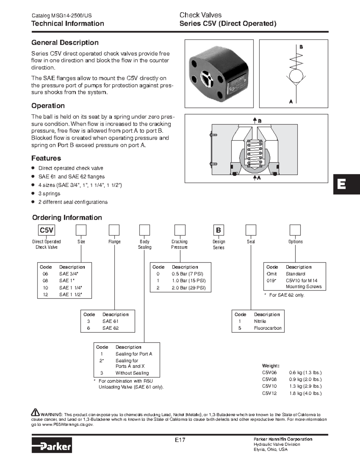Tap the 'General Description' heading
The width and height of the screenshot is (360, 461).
pyautogui.click(x=65, y=43)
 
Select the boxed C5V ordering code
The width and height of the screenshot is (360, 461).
pyautogui.click(x=46, y=230)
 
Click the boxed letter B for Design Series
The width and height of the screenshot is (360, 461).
pyautogui.click(x=218, y=230)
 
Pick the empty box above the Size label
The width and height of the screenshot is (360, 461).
pyautogui.click(x=81, y=230)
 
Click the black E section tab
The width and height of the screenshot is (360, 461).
pyautogui.click(x=346, y=184)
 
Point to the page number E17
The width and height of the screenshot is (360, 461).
pyautogui.click(x=180, y=440)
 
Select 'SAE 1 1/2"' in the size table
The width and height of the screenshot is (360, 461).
pyautogui.click(x=70, y=294)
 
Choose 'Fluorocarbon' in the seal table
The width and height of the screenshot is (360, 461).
pyautogui.click(x=268, y=328)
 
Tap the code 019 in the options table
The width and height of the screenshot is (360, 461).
pyautogui.click(x=271, y=281)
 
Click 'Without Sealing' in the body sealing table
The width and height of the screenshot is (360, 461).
pyautogui.click(x=132, y=373)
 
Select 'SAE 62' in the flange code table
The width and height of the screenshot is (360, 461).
pyautogui.click(x=110, y=328)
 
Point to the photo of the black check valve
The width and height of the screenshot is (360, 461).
pyautogui.click(x=219, y=73)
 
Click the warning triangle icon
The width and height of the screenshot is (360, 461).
pyautogui.click(x=35, y=412)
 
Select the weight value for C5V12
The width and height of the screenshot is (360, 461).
pyautogui.click(x=305, y=393)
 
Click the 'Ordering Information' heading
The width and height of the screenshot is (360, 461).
pyautogui.click(x=67, y=218)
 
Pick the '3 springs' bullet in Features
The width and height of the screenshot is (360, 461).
pyautogui.click(x=49, y=194)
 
